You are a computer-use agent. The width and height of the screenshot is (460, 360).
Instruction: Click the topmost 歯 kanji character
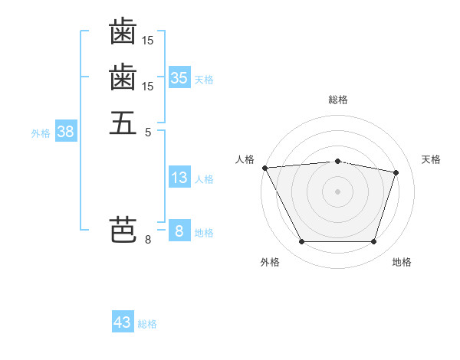123,31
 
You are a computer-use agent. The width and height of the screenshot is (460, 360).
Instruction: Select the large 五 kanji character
123,123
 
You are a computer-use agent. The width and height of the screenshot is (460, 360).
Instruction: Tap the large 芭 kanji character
123,230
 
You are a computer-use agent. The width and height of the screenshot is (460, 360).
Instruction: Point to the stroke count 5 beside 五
148,133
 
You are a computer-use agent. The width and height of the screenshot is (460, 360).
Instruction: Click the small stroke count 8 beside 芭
148,240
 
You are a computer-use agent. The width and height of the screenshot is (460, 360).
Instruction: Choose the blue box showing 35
179,77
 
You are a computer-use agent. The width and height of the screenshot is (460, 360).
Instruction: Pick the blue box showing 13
179,176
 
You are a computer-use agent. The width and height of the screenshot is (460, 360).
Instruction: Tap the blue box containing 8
179,230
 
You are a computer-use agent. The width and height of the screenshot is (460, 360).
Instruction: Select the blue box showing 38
66,130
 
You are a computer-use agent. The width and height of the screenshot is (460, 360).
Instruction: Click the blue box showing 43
123,321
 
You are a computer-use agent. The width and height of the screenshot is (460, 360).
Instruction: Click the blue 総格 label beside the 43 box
147,324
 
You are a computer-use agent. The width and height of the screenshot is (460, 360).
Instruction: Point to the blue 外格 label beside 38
41,134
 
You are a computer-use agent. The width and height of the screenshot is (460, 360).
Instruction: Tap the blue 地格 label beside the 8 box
204,233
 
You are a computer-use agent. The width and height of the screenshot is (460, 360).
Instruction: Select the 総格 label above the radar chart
338,100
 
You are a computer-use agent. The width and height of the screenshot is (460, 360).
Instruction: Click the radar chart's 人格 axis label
245,159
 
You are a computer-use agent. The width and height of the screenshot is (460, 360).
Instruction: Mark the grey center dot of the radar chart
337,191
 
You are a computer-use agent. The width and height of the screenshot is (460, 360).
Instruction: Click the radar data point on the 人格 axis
265,168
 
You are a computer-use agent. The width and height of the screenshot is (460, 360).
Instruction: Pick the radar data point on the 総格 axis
337,162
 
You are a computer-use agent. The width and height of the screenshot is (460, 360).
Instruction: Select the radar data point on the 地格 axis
373,241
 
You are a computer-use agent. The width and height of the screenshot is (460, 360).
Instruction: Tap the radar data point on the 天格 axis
396,172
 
